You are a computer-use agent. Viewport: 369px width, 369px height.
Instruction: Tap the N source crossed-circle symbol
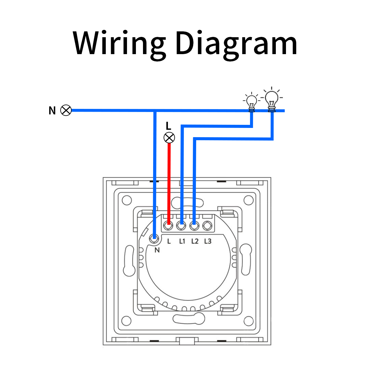[66, 110]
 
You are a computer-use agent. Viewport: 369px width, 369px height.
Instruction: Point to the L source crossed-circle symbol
[169, 137]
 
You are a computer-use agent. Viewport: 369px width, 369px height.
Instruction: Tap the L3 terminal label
[208, 241]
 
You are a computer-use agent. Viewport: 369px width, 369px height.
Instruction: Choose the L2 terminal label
[195, 241]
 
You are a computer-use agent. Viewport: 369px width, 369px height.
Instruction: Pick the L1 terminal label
[182, 241]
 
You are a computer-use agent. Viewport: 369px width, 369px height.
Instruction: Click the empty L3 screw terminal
[208, 227]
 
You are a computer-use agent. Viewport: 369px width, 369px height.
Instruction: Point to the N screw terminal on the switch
[154, 237]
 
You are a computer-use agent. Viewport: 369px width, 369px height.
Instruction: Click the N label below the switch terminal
[157, 250]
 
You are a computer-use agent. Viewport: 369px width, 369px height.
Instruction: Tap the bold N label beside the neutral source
[52, 111]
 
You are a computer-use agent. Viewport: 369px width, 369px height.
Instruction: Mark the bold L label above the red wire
[168, 125]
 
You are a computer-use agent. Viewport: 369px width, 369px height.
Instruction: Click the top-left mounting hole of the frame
[127, 200]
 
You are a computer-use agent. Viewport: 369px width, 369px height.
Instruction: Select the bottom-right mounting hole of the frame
[248, 321]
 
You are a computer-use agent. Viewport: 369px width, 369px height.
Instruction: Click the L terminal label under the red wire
[169, 241]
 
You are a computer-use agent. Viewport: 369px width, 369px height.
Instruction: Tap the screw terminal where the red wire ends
[168, 227]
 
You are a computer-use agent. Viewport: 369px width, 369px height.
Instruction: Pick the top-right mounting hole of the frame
[248, 200]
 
